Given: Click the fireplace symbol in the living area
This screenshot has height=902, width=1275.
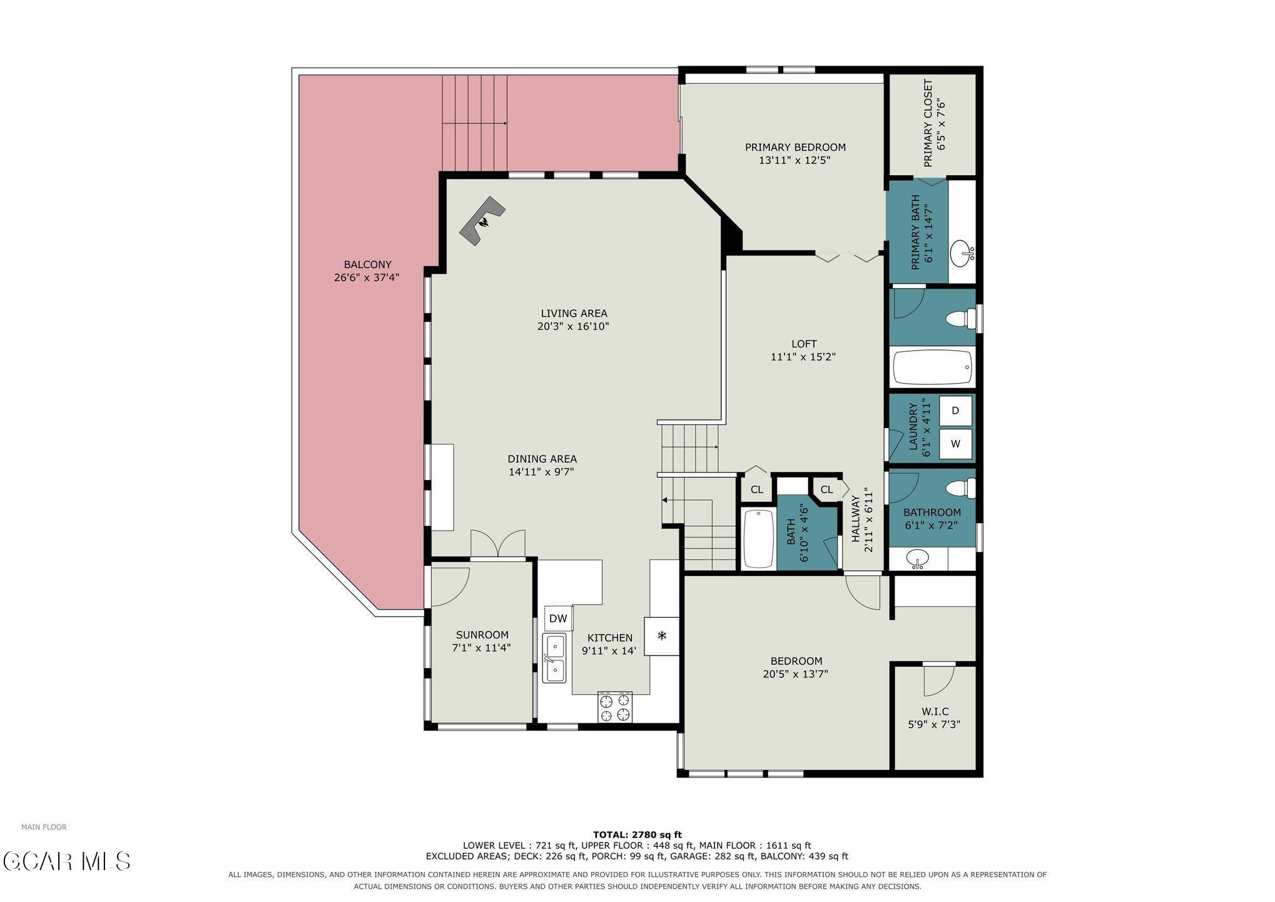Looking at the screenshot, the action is point(482,221).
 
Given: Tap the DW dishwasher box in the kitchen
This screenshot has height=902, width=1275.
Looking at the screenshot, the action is point(558,618).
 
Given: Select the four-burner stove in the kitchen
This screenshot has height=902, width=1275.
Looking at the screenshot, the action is point(614,707).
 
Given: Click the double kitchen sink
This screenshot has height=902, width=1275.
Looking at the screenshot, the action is point(554,658).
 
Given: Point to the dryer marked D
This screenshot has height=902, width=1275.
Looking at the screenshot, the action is point(955,411).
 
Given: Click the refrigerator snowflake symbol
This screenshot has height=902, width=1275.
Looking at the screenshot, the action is point(662,636).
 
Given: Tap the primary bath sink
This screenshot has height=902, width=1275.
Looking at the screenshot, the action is point(962,254).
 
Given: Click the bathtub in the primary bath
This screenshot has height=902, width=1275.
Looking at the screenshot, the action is point(932,367).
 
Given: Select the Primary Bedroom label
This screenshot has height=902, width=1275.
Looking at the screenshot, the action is point(795,147).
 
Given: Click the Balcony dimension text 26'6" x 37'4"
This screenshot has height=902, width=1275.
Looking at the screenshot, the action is point(367,277).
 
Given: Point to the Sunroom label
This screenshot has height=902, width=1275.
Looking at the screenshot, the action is point(482,635).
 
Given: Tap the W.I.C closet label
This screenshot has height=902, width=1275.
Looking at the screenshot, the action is point(935,712).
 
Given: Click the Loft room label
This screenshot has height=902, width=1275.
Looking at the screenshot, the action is point(804,344).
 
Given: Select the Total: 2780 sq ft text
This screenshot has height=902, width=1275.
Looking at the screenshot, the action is point(637,834).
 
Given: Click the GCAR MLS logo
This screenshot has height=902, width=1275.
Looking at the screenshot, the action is point(66,861).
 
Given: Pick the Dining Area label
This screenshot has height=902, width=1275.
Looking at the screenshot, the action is point(542,459).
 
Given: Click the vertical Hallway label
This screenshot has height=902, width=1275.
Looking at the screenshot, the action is point(855,519).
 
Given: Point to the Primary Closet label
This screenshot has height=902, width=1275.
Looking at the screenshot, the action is point(928,123).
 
